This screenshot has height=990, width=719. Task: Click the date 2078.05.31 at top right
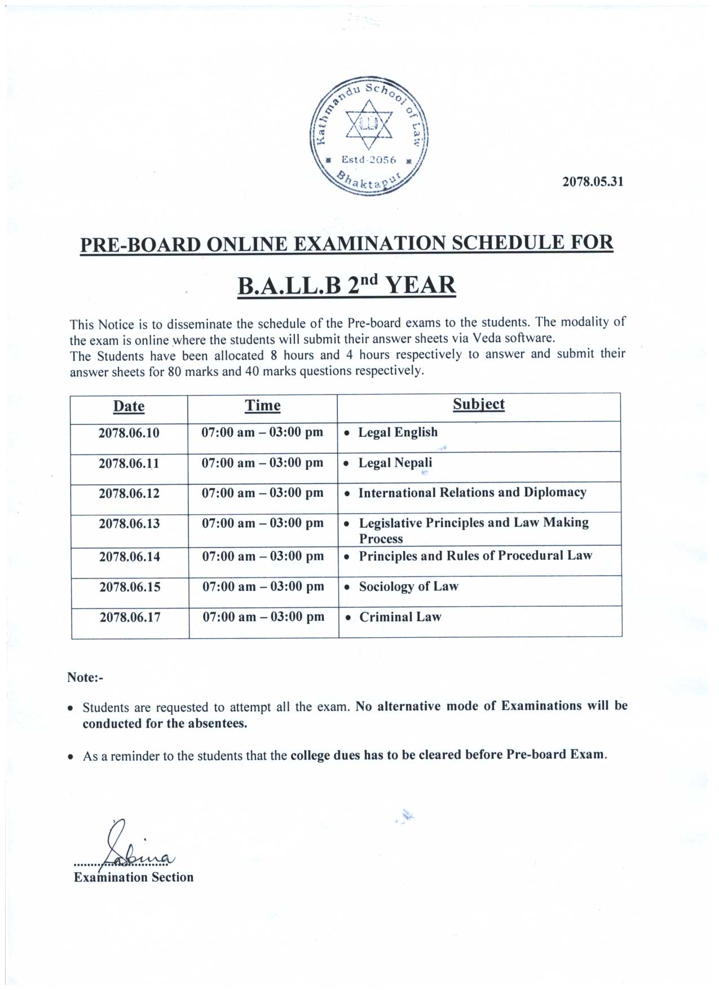click(593, 182)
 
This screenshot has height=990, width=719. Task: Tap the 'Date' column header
click(129, 406)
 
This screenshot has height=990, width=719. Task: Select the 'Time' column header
click(262, 406)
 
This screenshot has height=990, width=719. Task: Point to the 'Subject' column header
click(479, 404)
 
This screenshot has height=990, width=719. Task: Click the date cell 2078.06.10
click(129, 433)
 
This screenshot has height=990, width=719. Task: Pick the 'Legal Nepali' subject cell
click(395, 463)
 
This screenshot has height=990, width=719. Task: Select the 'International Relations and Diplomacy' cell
click(472, 493)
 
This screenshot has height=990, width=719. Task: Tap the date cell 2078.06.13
click(129, 523)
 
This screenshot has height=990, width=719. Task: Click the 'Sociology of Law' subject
click(408, 586)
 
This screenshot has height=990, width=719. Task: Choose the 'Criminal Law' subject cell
click(400, 617)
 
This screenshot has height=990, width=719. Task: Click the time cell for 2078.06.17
click(263, 617)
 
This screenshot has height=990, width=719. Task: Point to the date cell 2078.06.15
click(130, 587)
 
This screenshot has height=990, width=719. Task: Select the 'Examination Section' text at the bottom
click(134, 877)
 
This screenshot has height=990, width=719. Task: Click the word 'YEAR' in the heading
click(420, 285)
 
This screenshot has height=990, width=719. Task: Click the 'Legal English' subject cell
click(398, 432)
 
